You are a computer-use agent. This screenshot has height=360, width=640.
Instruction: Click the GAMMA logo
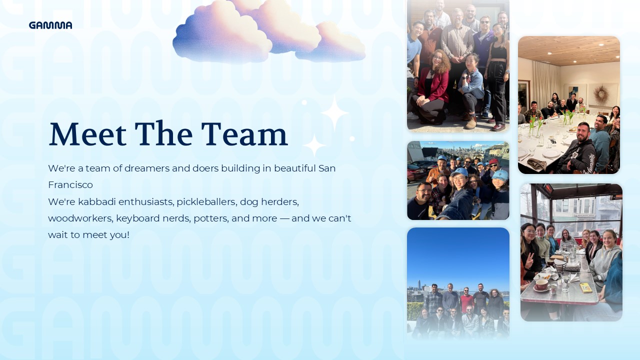coord(50,25)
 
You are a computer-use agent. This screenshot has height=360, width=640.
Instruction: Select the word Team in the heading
coord(244,133)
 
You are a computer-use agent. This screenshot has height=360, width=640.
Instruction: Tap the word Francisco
coord(70,185)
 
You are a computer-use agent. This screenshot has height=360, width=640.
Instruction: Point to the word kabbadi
coord(97,201)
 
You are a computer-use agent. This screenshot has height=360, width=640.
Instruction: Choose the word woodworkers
coord(81,218)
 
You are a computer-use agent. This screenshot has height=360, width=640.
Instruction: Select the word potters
coord(211,219)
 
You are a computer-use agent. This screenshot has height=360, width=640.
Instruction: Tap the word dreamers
coord(147,168)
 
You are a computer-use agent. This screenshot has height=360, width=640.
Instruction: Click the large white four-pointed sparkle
coord(334,113)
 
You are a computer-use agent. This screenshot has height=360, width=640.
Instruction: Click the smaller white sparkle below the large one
coord(314,145)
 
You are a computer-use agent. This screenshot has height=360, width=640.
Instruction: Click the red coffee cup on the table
coord(541,285)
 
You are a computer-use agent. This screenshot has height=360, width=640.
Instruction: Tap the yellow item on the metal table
coord(585,287)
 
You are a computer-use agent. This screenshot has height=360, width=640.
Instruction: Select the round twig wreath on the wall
coord(601,94)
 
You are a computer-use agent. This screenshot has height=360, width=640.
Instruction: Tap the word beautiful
coord(295,168)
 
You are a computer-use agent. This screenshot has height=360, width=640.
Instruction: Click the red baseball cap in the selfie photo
coord(493,161)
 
